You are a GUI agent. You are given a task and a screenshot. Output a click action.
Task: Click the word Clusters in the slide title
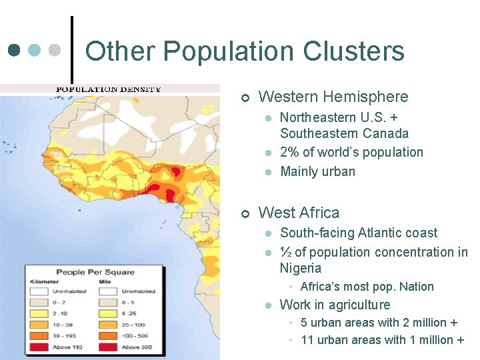coord(354,51)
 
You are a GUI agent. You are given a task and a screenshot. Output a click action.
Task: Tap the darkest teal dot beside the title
coord(15,51)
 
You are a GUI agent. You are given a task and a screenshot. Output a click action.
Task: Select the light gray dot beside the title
coord(55,51)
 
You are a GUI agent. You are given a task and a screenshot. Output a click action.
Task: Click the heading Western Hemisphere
coord(333,97)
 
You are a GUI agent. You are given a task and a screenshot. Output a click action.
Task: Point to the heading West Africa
coord(299,213)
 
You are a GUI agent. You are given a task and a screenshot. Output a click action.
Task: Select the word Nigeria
coord(301,268)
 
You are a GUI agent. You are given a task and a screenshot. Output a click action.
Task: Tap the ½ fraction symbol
coord(285,252)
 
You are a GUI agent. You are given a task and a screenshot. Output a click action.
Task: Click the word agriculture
coord(359,305)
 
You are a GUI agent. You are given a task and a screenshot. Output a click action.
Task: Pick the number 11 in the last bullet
coord(307,339)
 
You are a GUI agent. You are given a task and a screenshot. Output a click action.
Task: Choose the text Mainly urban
coord(317,171)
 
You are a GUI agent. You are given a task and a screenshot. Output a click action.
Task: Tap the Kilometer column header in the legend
coord(44,282)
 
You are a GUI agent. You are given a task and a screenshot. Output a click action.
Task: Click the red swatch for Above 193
coord(39,347)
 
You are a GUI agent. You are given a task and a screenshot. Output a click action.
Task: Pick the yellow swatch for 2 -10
coord(39,313)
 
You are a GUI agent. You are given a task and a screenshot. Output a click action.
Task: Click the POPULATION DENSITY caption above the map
coord(108,89)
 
